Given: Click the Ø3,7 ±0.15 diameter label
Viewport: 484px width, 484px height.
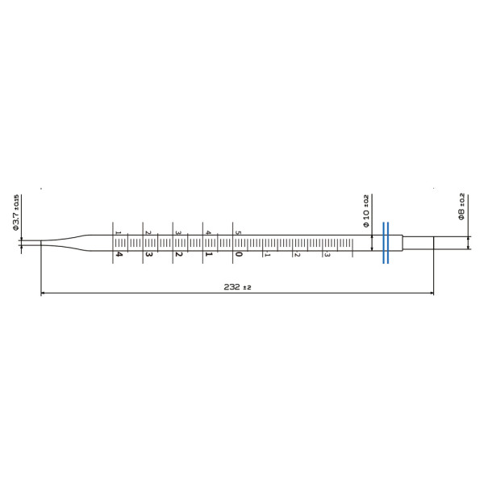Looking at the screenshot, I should (15, 213).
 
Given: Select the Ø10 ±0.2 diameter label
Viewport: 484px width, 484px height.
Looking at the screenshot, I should (365, 211).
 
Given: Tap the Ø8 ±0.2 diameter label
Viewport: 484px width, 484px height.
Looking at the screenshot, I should (461, 207).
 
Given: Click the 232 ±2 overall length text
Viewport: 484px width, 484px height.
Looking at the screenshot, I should (235, 287).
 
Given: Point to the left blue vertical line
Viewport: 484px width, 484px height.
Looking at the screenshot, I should (383, 242).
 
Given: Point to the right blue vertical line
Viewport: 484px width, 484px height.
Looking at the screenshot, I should (389, 242).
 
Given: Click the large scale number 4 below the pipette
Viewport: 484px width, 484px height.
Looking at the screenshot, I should (119, 254).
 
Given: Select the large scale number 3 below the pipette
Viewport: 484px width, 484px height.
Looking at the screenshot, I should (148, 254).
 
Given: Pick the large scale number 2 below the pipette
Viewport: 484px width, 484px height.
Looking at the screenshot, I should (178, 254).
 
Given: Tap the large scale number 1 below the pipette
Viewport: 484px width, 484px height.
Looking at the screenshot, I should (208, 254).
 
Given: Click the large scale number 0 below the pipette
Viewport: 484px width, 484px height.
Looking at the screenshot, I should (238, 254).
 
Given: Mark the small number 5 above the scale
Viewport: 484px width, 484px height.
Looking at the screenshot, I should (237, 233).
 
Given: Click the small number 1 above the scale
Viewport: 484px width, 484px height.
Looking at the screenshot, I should (118, 233).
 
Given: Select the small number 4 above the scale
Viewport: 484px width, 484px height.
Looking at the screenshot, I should (207, 233).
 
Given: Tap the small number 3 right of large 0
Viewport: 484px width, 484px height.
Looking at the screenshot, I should (326, 254).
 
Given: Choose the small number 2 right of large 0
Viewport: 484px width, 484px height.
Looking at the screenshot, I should (296, 254).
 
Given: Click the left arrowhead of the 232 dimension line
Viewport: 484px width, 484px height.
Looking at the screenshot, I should (44, 293).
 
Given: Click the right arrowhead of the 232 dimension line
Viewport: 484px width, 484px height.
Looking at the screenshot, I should (431, 293).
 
